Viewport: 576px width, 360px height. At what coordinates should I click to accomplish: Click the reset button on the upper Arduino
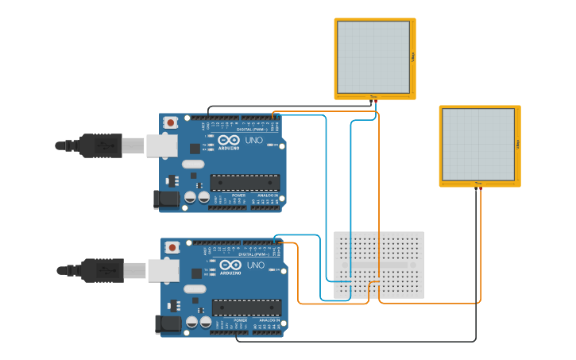click(171, 122)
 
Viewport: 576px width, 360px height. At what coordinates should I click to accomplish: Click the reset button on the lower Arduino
click(173, 248)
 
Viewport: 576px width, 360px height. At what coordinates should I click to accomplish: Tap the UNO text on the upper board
click(253, 141)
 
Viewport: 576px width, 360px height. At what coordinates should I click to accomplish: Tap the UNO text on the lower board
click(256, 265)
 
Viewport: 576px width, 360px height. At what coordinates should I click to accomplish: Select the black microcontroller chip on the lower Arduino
click(247, 308)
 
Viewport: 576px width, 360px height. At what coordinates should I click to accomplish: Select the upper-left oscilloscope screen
click(374, 57)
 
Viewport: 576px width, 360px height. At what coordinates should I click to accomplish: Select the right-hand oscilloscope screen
click(479, 144)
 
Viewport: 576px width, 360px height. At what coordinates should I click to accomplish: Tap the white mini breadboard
click(379, 265)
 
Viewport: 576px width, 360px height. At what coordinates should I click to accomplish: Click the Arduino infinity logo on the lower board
click(231, 265)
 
